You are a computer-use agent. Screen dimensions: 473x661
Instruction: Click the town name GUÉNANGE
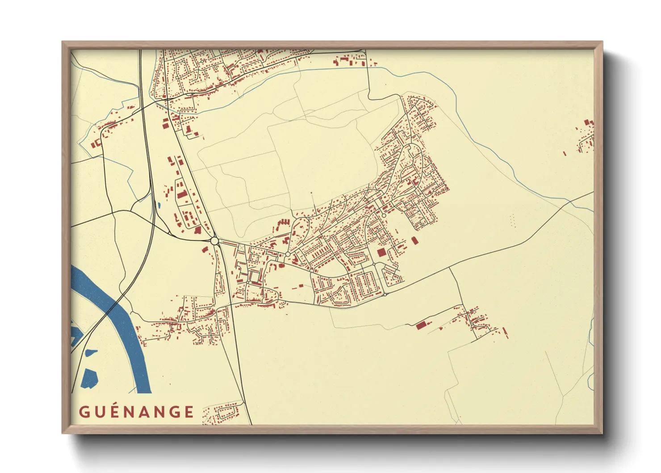click(137, 412)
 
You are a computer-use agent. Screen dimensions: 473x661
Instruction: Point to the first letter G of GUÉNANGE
click(84, 412)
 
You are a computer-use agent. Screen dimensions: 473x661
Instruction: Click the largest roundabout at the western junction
click(215, 241)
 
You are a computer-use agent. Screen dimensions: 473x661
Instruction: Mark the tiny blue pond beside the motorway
click(159, 206)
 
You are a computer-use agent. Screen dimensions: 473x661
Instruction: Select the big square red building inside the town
click(381, 253)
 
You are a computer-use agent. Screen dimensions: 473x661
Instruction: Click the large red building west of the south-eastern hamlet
click(420, 325)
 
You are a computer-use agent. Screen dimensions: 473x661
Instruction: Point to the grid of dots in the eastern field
click(512, 220)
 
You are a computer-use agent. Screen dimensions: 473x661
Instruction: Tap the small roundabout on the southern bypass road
click(385, 295)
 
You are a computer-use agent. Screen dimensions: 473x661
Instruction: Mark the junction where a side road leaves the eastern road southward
click(449, 269)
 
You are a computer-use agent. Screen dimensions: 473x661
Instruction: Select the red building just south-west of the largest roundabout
click(205, 249)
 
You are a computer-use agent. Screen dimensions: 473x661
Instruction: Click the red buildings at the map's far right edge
click(587, 134)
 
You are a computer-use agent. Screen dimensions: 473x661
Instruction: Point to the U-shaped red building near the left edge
click(96, 144)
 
